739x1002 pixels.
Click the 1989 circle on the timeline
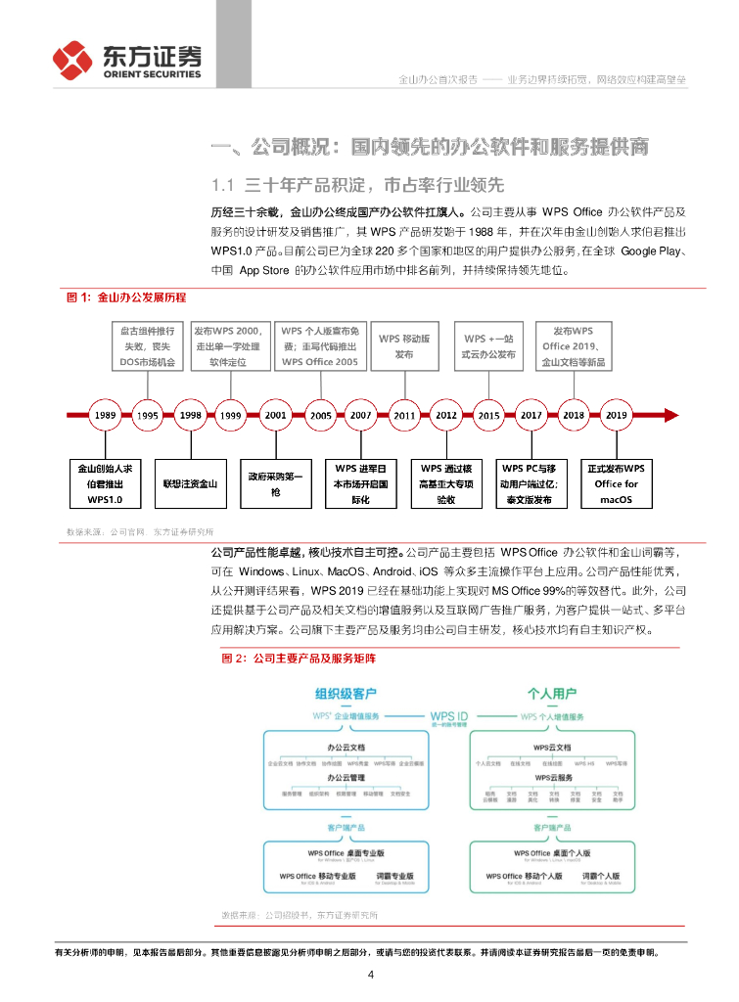106,414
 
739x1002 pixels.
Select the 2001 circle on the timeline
275,414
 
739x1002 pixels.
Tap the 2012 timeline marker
445,414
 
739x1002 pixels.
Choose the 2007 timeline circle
360,414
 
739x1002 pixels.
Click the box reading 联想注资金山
191,483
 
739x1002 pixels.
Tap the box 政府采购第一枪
275,483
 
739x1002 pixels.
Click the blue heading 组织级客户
346,694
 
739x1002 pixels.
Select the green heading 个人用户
552,694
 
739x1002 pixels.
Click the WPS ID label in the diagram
449,714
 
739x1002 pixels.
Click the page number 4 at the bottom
370,975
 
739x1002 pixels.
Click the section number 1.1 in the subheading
223,184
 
